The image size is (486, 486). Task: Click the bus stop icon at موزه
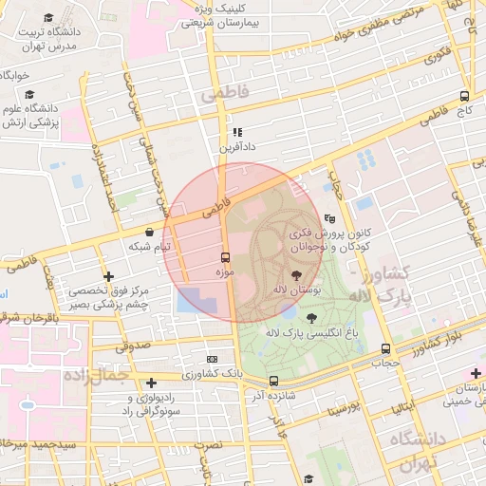pyautogui.click(x=225, y=257)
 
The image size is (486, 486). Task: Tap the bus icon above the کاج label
pyautogui.click(x=464, y=96)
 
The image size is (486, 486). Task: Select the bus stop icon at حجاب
pyautogui.click(x=384, y=348)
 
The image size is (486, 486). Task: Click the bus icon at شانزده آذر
pyautogui.click(x=273, y=381)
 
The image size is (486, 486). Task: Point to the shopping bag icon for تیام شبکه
pyautogui.click(x=149, y=232)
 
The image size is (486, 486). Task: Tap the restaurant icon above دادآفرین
pyautogui.click(x=237, y=132)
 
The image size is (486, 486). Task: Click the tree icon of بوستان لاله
pyautogui.click(x=308, y=271)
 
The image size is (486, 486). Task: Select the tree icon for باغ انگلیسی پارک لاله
pyautogui.click(x=312, y=317)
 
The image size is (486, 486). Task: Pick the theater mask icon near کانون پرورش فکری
pyautogui.click(x=329, y=217)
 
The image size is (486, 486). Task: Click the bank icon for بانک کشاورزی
pyautogui.click(x=212, y=360)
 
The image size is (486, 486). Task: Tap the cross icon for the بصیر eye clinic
pyautogui.click(x=110, y=277)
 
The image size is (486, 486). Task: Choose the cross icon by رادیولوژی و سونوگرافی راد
pyautogui.click(x=151, y=383)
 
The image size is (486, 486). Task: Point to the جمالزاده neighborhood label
pyautogui.click(x=95, y=376)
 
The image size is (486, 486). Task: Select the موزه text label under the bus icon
pyautogui.click(x=224, y=273)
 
